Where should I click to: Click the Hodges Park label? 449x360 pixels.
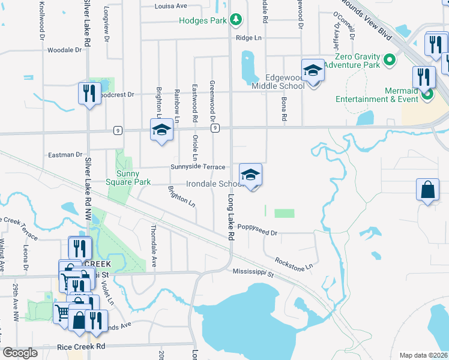pyautogui.click(x=203, y=20)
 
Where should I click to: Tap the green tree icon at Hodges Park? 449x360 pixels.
pyautogui.click(x=237, y=20)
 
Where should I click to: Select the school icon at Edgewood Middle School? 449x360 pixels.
pyautogui.click(x=312, y=71)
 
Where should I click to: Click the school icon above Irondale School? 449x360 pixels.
pyautogui.click(x=250, y=175)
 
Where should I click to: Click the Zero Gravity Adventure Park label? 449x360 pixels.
pyautogui.click(x=354, y=59)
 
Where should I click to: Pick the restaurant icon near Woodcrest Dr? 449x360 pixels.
pyautogui.click(x=88, y=93)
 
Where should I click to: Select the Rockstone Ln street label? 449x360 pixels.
pyautogui.click(x=294, y=262)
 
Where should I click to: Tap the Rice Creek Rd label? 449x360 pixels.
pyautogui.click(x=81, y=347)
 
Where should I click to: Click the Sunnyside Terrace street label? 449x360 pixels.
pyautogui.click(x=197, y=167)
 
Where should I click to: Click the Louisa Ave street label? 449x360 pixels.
pyautogui.click(x=170, y=6)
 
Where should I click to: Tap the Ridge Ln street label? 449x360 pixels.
pyautogui.click(x=249, y=37)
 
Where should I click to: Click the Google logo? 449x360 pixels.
pyautogui.click(x=20, y=352)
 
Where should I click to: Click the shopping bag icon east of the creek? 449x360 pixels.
pyautogui.click(x=426, y=190)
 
